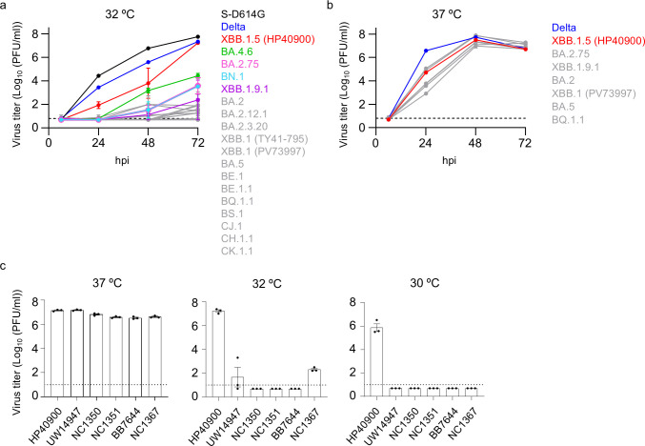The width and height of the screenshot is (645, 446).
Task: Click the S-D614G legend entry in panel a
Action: pos(243,14)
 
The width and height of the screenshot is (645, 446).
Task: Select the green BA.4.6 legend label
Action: pos(237,51)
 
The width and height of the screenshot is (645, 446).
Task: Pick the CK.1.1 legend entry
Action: pos(237,251)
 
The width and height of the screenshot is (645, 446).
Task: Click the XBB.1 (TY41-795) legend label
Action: pos(264,139)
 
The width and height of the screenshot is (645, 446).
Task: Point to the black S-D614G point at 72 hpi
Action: pos(198,37)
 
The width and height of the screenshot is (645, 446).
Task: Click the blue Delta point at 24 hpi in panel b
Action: pos(426,51)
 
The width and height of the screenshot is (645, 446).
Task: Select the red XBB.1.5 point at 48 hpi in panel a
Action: pos(148,83)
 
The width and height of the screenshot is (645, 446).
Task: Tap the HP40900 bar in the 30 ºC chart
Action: pos(376,361)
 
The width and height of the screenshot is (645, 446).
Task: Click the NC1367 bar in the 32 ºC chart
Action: pos(314,383)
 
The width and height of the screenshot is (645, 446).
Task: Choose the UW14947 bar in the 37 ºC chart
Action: pos(77,353)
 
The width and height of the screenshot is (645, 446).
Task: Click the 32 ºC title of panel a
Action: pos(119,14)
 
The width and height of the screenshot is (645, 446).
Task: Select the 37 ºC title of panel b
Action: pos(447,14)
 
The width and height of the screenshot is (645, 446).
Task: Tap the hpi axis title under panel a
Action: pos(122,160)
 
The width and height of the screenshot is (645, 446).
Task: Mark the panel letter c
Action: pos(3,265)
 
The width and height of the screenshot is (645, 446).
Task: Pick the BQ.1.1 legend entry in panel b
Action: pos(568,120)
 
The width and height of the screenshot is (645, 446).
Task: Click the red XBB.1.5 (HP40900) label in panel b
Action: pos(598,41)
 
